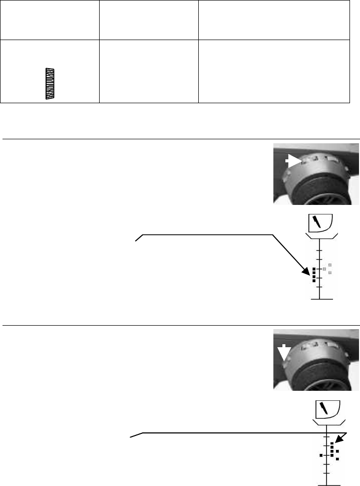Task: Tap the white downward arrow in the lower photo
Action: click(284, 353)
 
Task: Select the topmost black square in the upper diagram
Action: click(314, 269)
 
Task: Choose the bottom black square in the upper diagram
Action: click(314, 281)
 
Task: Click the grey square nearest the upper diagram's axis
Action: click(324, 270)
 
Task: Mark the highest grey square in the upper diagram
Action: click(330, 265)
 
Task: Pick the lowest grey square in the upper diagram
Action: click(330, 272)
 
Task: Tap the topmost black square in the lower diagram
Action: click(332, 444)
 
